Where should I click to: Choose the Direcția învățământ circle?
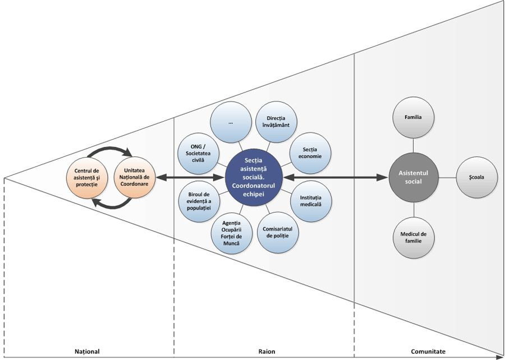pyautogui.click(x=276, y=122)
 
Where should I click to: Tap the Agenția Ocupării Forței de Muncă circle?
pyautogui.click(x=231, y=233)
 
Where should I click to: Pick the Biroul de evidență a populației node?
pyautogui.click(x=199, y=200)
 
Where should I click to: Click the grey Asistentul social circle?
pyautogui.click(x=414, y=177)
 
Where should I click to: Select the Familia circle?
pyautogui.click(x=413, y=117)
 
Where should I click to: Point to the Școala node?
pyautogui.click(x=476, y=177)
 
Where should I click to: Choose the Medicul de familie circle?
pyautogui.click(x=414, y=237)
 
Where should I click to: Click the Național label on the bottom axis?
pyautogui.click(x=87, y=351)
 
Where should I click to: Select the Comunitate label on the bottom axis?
pyautogui.click(x=428, y=351)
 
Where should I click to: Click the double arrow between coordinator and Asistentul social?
pyautogui.click(x=337, y=177)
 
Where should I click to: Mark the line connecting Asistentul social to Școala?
pyautogui.click(x=447, y=177)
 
